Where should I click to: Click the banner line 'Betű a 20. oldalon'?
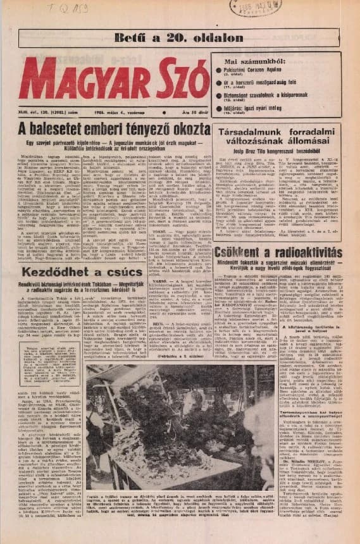179,37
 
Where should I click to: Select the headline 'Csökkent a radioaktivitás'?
280,253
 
